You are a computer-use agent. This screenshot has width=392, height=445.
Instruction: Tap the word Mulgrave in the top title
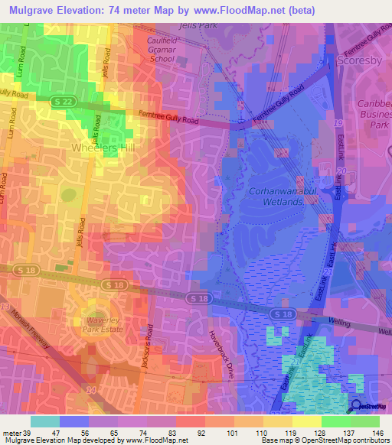(x=34, y=9)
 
